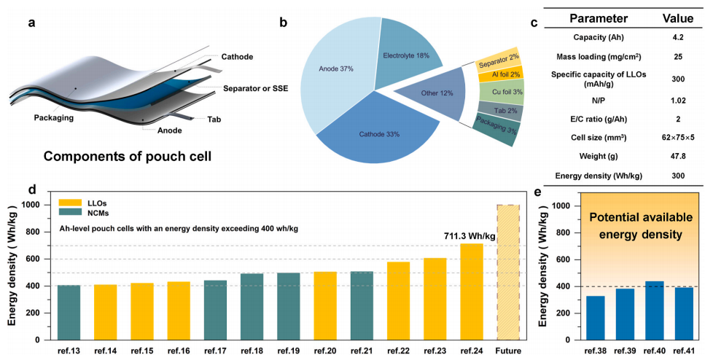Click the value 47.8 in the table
click(671, 155)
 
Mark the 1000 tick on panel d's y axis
click(33, 206)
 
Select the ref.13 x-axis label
click(69, 351)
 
